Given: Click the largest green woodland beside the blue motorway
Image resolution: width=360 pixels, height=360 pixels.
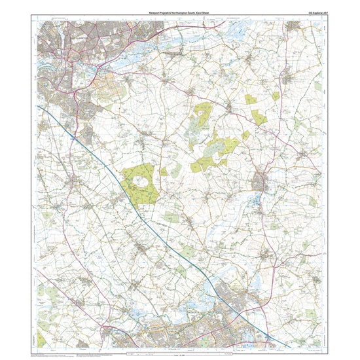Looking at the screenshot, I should coord(140,183).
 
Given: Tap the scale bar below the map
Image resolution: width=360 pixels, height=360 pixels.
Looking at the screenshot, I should coord(180,354).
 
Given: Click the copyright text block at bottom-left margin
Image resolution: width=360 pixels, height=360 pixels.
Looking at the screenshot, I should coord(52,355).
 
